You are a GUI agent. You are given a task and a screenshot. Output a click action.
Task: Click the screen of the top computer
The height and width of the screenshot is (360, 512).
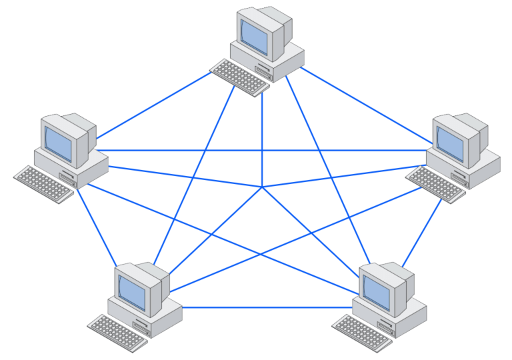click(x=254, y=37)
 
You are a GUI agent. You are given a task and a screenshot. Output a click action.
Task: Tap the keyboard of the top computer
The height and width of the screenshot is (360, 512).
click(x=239, y=75)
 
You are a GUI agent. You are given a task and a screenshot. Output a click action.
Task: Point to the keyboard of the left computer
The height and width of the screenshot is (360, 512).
click(x=43, y=183)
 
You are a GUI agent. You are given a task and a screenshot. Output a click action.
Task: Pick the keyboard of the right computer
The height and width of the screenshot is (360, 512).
click(x=435, y=183)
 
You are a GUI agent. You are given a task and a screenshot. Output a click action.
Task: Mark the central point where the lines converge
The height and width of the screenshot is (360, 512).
click(x=263, y=187)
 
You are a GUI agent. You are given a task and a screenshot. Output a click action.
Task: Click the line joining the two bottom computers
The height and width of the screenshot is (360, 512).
click(x=267, y=307)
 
